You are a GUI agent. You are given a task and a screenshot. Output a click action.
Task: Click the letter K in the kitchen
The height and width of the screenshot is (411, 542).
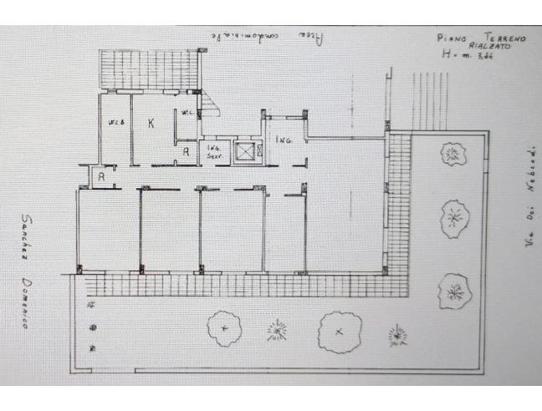(x=151, y=124)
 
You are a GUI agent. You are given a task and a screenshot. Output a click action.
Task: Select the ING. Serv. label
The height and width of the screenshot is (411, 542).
(x=217, y=150)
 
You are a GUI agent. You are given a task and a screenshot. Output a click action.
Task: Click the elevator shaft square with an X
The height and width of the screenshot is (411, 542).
(x=244, y=151)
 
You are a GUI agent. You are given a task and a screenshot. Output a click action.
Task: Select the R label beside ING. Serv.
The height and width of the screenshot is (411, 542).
(x=186, y=151)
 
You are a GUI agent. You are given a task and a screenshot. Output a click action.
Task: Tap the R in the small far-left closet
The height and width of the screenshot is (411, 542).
(x=100, y=177)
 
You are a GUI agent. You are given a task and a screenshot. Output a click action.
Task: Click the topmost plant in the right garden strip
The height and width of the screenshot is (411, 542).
(x=453, y=154)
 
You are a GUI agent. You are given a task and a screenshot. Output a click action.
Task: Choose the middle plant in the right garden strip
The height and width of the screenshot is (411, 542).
(x=454, y=218)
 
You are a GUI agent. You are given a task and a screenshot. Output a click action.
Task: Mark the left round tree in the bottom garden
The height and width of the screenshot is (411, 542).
(x=224, y=327)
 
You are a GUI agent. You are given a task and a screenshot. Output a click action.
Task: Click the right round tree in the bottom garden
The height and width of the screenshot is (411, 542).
(x=337, y=331)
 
